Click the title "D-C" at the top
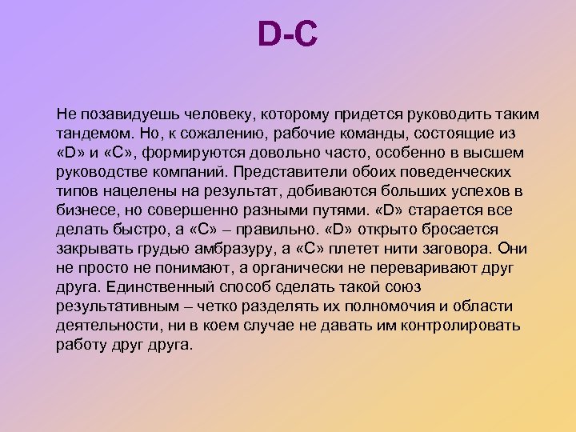[x=288, y=36]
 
